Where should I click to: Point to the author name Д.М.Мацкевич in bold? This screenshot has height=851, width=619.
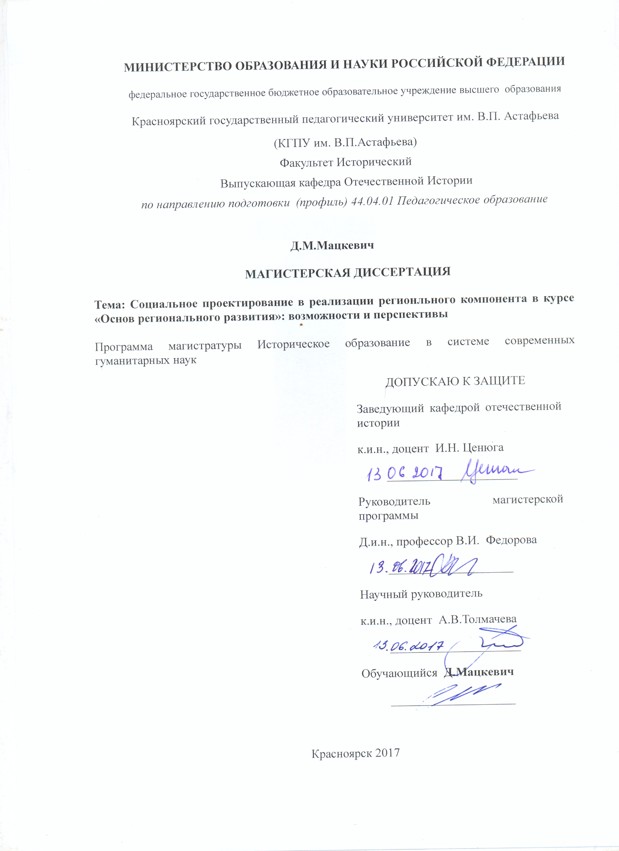[x=332, y=245]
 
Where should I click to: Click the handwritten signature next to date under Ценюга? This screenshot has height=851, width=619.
[x=495, y=472]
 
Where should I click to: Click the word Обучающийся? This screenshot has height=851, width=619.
[x=399, y=673]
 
